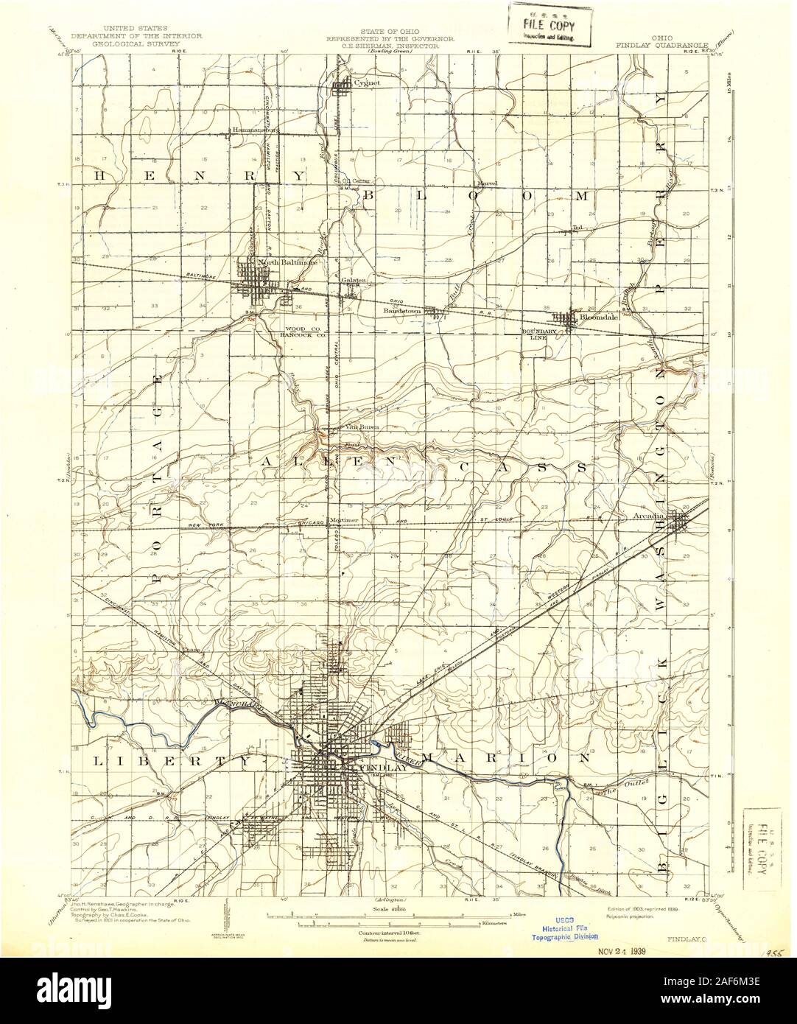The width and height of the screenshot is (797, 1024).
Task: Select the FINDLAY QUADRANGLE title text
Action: tap(661, 43)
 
